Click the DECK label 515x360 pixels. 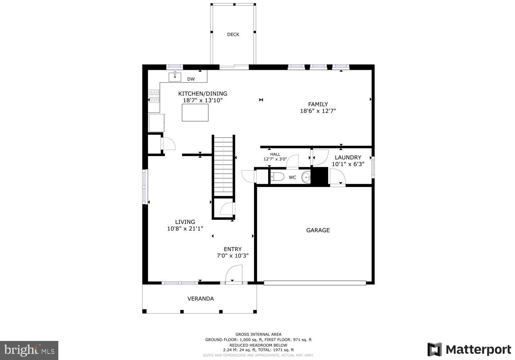click(x=233, y=35)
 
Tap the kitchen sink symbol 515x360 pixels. click(x=175, y=77)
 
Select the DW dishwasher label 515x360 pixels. click(x=191, y=79)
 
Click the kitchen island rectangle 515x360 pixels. click(x=195, y=113)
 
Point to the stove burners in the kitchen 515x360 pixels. click(x=154, y=96)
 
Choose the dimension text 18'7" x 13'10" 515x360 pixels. click(x=203, y=100)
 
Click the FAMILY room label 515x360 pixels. click(x=318, y=104)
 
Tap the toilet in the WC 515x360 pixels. click(x=277, y=177)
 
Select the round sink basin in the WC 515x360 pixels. click(x=306, y=177)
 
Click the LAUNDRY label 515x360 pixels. click(x=348, y=158)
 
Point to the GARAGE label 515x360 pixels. click(x=318, y=230)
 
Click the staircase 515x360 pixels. click(x=223, y=166)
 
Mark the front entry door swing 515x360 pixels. click(x=234, y=274)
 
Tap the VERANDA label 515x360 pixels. click(x=200, y=299)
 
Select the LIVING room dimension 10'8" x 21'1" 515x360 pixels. click(x=185, y=228)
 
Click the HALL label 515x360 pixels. click(x=275, y=154)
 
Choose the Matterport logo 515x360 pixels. click(x=469, y=350)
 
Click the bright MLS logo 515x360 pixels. click(x=29, y=350)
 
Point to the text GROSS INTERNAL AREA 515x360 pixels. click(x=258, y=334)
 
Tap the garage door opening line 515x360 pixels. click(x=315, y=283)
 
